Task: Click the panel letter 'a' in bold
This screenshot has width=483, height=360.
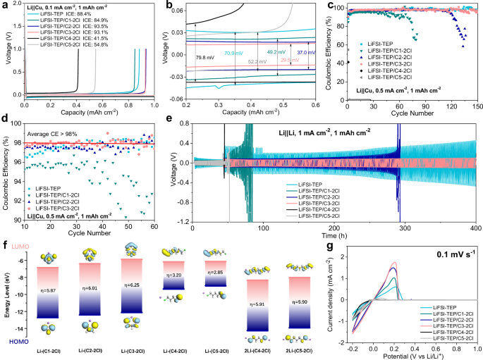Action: [6, 6]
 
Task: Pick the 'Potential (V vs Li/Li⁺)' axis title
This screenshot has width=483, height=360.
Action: [415, 355]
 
